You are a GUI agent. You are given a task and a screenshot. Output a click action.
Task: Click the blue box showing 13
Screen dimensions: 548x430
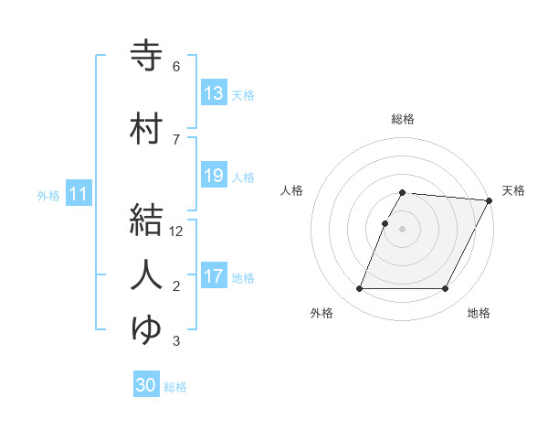tap(214, 93)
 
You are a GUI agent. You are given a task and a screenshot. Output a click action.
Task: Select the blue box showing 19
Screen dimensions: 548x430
tap(214, 176)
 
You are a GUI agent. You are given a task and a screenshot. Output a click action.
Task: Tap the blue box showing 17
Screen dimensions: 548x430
tap(214, 276)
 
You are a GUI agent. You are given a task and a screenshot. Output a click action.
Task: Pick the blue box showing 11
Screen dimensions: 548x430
tap(79, 194)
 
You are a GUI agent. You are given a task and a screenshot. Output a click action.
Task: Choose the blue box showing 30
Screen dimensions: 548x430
tap(146, 385)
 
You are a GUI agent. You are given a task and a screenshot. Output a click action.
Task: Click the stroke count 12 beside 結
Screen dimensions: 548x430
tap(177, 231)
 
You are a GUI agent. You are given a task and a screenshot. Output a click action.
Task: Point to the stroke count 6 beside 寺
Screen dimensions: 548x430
tap(176, 67)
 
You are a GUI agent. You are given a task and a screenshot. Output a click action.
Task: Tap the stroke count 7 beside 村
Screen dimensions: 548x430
tap(176, 140)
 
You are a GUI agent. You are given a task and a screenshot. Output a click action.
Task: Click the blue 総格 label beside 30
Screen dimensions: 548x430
tap(175, 387)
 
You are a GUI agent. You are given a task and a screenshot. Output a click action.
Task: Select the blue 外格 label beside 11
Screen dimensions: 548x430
tap(48, 195)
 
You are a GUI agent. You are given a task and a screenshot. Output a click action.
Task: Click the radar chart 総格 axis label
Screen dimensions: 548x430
tap(403, 119)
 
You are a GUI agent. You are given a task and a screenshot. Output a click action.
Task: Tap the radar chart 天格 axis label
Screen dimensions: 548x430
tap(513, 190)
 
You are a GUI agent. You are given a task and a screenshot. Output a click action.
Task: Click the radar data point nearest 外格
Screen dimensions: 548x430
tap(359, 289)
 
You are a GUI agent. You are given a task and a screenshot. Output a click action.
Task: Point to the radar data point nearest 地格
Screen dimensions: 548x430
tap(446, 289)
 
